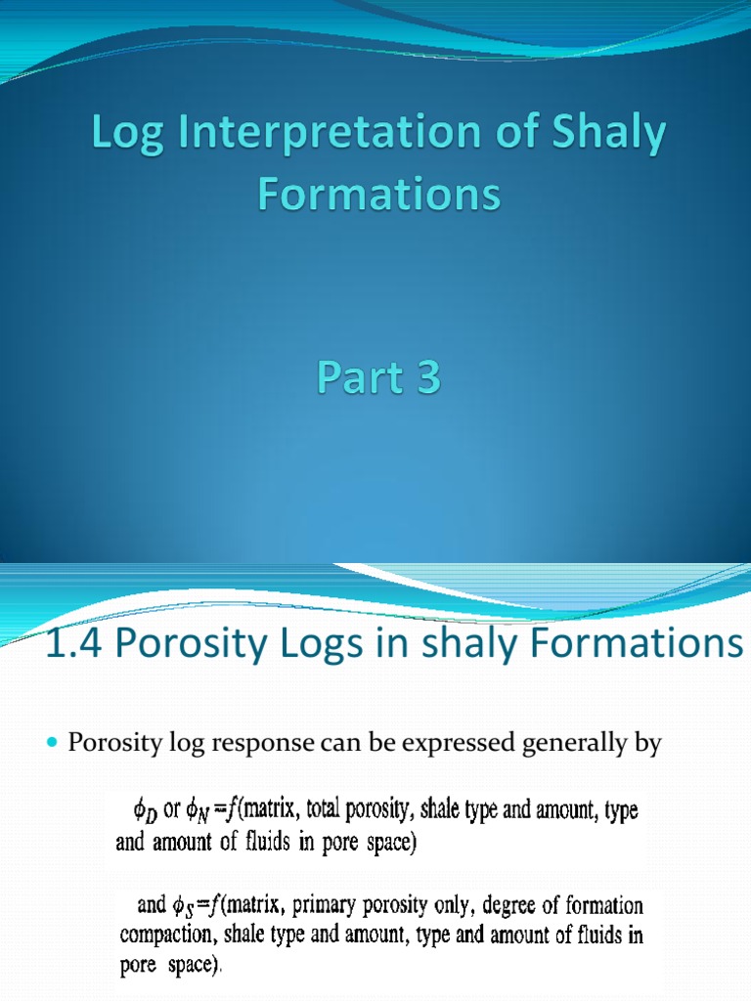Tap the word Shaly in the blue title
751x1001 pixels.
point(611,138)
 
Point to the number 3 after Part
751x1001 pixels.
point(426,378)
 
